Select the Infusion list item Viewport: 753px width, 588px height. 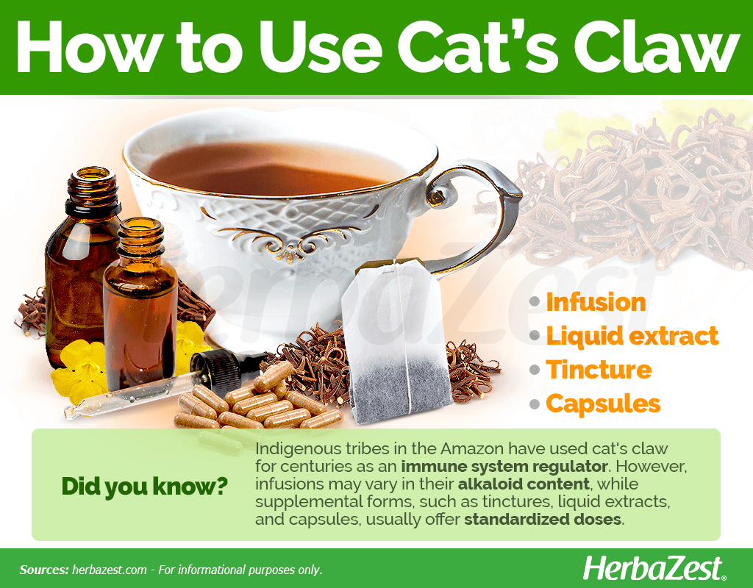pos(596,302)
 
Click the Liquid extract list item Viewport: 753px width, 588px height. pos(632,336)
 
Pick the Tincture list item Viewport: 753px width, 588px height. pos(599,370)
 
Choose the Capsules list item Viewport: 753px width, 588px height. pos(603,404)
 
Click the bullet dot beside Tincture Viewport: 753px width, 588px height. pos(535,370)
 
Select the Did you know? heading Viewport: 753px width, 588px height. pos(145,487)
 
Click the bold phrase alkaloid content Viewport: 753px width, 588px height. pos(524,484)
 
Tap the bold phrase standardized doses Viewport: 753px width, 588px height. pos(543,520)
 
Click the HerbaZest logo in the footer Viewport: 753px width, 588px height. pos(654,569)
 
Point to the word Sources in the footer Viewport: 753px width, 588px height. pos(43,570)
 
